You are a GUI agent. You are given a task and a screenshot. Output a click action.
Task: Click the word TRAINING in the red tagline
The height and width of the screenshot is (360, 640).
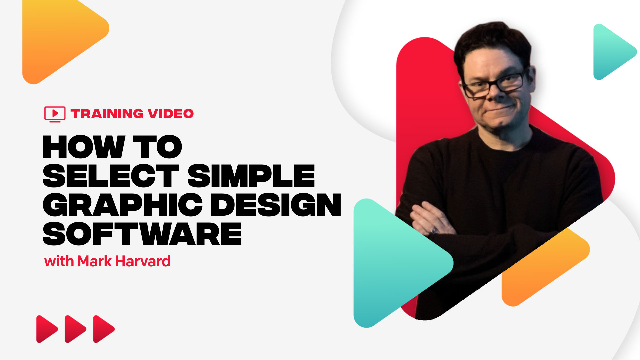(x=107, y=114)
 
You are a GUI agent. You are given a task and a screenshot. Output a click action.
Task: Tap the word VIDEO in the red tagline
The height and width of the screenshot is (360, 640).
(x=171, y=114)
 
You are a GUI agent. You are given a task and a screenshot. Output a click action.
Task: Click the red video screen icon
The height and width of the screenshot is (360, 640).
(x=55, y=114)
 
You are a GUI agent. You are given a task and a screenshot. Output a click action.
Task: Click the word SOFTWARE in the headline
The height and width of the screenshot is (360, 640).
(x=142, y=234)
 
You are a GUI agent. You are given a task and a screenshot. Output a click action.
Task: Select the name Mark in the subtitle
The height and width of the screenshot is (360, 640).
(x=95, y=261)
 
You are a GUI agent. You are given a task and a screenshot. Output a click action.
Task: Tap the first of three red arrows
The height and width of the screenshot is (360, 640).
(x=46, y=329)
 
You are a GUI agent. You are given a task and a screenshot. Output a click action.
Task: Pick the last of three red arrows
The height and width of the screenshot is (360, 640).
(x=103, y=329)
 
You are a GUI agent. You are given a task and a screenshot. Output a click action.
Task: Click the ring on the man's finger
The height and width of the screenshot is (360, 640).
(x=433, y=230)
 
